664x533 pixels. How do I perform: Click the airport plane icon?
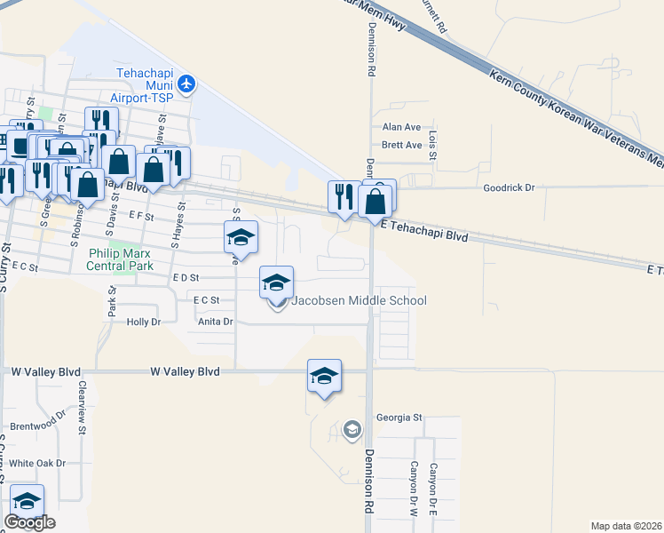(x=186, y=84)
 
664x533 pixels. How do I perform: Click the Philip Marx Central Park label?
(x=121, y=259)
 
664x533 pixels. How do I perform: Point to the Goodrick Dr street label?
(x=510, y=188)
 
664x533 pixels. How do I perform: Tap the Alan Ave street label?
(x=401, y=127)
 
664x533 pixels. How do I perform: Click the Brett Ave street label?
(x=401, y=145)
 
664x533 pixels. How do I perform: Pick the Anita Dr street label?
(x=215, y=322)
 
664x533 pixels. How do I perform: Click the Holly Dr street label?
(x=143, y=322)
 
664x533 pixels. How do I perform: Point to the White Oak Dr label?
(x=37, y=464)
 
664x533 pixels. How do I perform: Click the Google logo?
(x=29, y=522)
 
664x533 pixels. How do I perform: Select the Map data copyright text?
(x=627, y=525)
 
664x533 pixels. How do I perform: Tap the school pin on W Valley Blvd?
(x=325, y=377)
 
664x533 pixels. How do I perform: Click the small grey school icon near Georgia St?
(x=352, y=430)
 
